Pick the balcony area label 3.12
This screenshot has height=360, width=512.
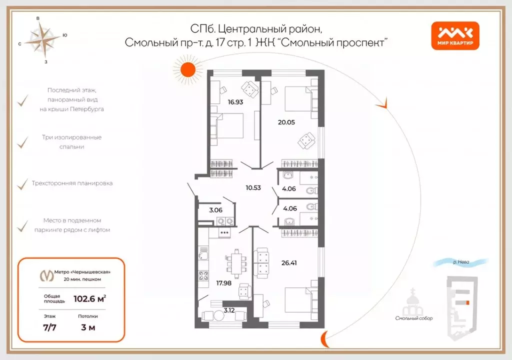[229, 310]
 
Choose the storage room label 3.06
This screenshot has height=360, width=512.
[215, 210]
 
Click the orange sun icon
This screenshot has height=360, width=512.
[187, 69]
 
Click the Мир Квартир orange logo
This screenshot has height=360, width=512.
[455, 36]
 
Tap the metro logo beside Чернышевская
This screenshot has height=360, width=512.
[47, 275]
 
